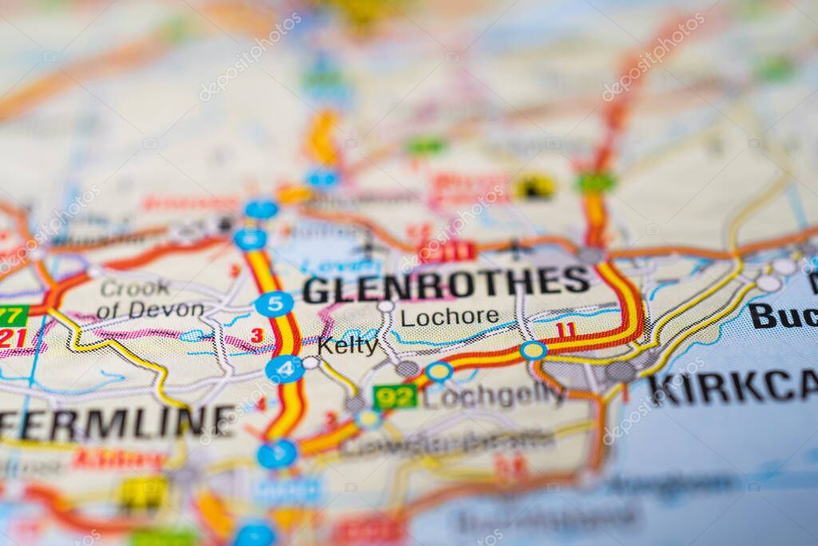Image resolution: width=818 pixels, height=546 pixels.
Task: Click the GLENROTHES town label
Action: pyautogui.click(x=446, y=285)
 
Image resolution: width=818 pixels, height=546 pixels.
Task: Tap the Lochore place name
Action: pyautogui.click(x=450, y=317)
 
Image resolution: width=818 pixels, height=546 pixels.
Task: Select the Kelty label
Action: pyautogui.click(x=347, y=345)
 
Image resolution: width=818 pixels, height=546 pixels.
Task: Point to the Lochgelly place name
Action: pyautogui.click(x=494, y=394)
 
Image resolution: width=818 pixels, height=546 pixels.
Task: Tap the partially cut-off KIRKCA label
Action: pyautogui.click(x=731, y=388)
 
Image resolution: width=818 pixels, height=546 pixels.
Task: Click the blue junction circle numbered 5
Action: pyautogui.click(x=274, y=304)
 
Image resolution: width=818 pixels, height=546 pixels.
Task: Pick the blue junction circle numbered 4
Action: pyautogui.click(x=285, y=369)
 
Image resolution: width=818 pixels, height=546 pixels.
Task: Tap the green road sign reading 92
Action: pyautogui.click(x=395, y=396)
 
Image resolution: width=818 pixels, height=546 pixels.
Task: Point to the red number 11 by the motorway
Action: pyautogui.click(x=566, y=330)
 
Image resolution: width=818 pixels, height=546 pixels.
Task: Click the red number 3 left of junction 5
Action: pyautogui.click(x=256, y=336)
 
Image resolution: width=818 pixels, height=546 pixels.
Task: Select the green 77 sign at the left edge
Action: pyautogui.click(x=12, y=315)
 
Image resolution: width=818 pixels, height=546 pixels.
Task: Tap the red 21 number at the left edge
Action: pyautogui.click(x=11, y=337)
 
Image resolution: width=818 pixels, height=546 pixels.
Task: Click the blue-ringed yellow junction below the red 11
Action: pyautogui.click(x=533, y=350)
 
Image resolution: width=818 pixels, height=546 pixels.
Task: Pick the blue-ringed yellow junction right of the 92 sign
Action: pyautogui.click(x=439, y=371)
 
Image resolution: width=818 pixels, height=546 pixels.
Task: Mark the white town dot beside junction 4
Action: pyautogui.click(x=310, y=363)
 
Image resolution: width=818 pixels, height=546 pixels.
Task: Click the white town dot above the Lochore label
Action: pyautogui.click(x=386, y=305)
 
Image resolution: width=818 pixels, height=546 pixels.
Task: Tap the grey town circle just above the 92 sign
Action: pyautogui.click(x=407, y=369)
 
